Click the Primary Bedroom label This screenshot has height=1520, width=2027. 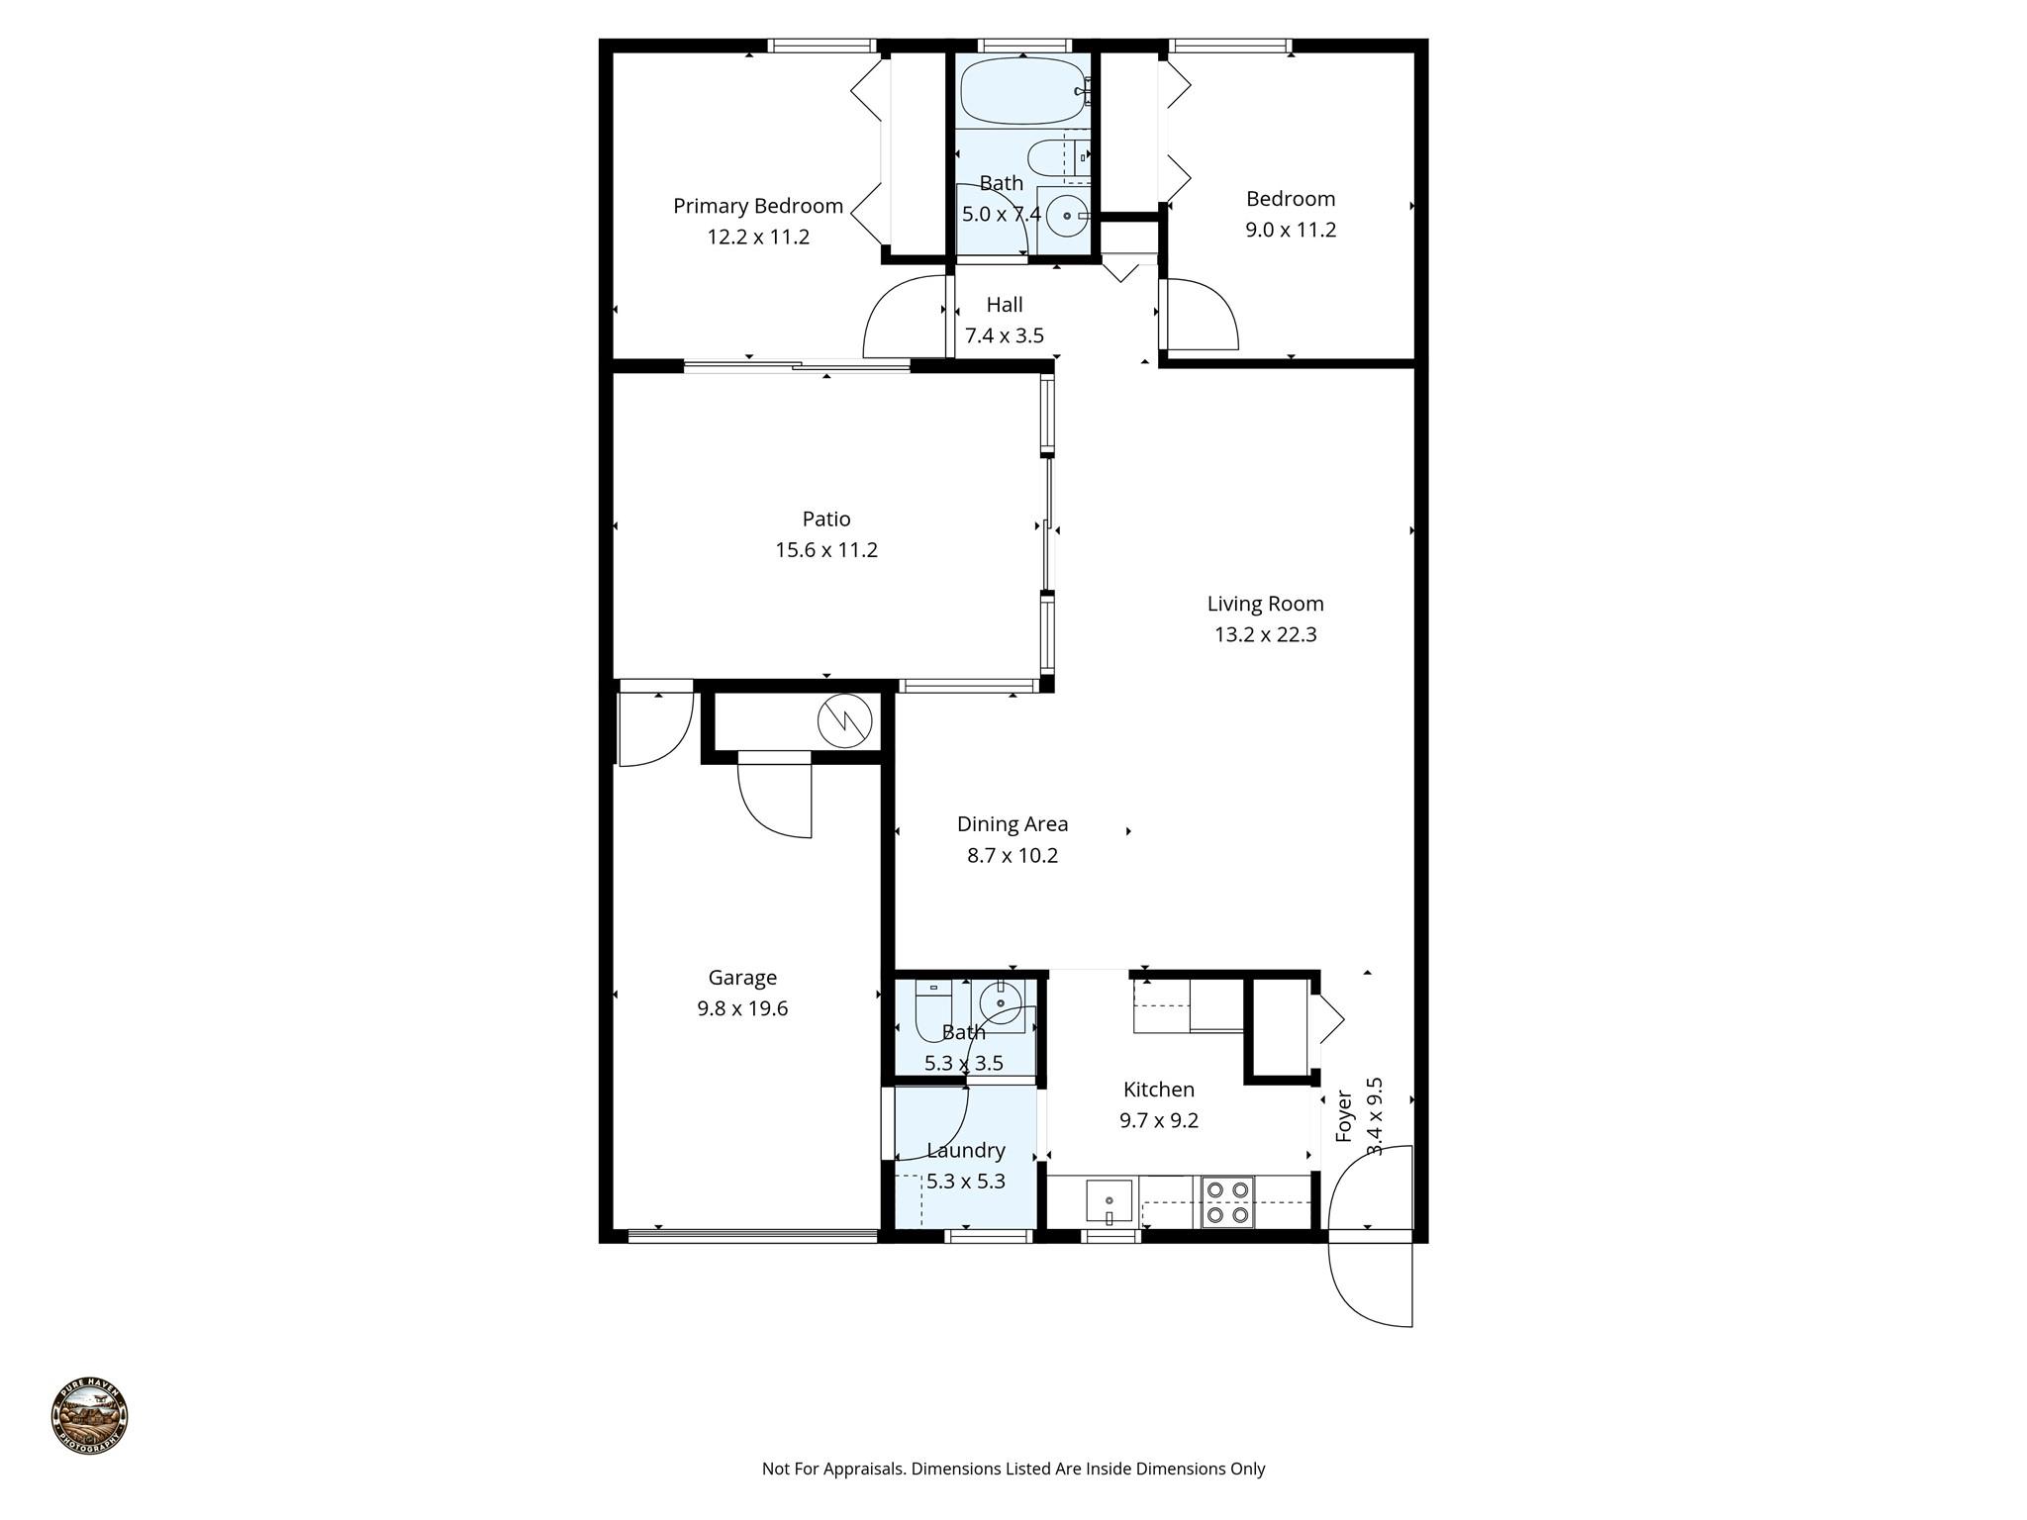[x=758, y=206]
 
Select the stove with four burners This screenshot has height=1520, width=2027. [x=1227, y=1202]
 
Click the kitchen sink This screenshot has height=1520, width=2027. [x=1109, y=1201]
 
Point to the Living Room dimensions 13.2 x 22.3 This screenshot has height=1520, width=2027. [x=1265, y=634]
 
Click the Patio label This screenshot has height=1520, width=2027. [x=826, y=519]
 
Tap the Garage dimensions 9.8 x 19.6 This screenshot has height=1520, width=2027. [x=742, y=1008]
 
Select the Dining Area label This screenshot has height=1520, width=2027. [x=1013, y=823]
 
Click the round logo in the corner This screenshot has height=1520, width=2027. [x=89, y=1415]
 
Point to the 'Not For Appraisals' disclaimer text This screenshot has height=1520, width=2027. [x=1013, y=1469]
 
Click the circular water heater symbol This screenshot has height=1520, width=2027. [x=845, y=720]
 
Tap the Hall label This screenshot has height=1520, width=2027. [x=1005, y=305]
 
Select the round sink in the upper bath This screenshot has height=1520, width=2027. [x=1066, y=215]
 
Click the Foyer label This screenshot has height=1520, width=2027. [x=1344, y=1116]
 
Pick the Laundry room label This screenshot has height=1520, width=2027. [x=966, y=1150]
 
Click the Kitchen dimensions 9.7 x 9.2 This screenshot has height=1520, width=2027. [x=1159, y=1120]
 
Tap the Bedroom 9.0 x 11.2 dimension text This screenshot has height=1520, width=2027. [x=1291, y=230]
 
